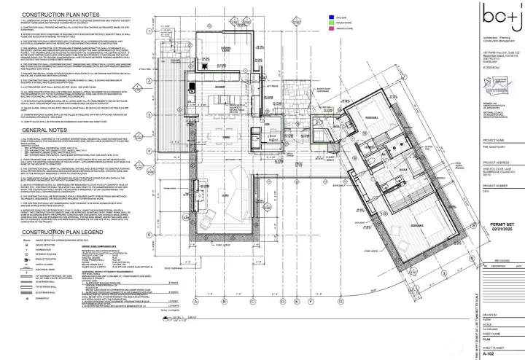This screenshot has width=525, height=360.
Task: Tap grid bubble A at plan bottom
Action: pos(196,300)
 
